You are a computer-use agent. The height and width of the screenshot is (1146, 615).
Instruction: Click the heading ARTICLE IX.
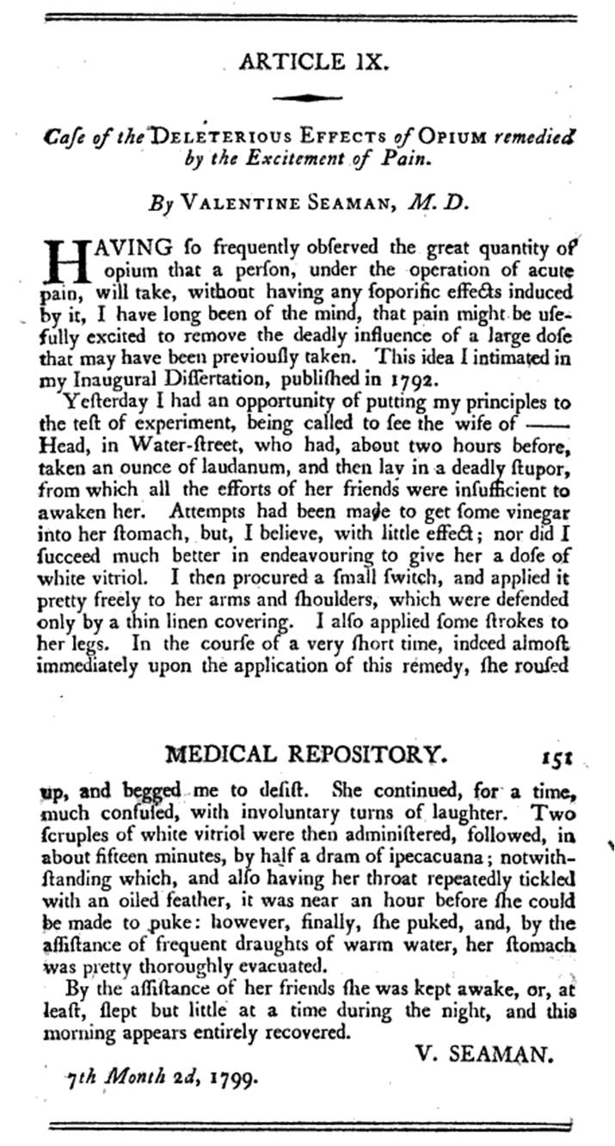(x=307, y=62)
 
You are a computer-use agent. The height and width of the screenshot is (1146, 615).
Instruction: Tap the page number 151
(x=557, y=757)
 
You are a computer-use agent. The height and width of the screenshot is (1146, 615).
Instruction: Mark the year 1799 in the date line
(x=229, y=1075)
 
